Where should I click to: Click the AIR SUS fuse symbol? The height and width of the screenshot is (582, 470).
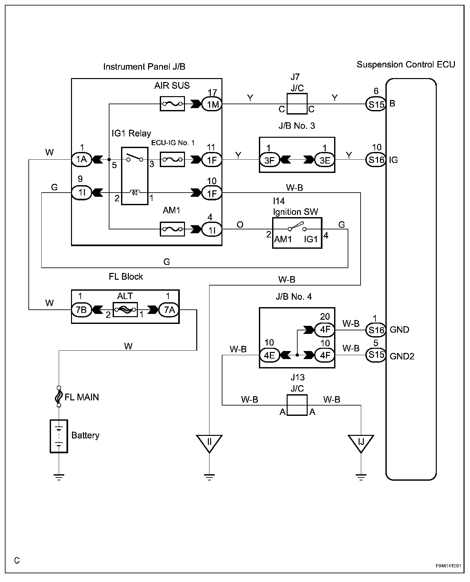coord(172,104)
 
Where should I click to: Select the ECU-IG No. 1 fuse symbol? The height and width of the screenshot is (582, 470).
coord(172,159)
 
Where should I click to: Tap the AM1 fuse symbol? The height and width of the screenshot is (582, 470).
coord(172,229)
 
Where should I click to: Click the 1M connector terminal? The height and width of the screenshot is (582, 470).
coord(212,104)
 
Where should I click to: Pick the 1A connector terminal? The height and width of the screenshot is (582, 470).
coord(81,159)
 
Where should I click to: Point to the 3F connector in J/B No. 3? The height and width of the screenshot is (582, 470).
coord(270,160)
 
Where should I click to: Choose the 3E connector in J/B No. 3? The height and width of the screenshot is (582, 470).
coord(325,160)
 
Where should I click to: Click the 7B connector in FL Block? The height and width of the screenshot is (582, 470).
coord(81,310)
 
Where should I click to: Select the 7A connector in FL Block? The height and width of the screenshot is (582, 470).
coord(169,310)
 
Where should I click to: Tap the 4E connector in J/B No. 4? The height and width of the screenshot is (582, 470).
coord(270,355)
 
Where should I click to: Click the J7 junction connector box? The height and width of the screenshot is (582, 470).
coord(297,104)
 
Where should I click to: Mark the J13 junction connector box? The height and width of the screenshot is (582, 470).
coord(297,405)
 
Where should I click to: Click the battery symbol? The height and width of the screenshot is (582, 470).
coord(59,436)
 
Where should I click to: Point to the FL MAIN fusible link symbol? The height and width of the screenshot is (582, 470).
coord(59,396)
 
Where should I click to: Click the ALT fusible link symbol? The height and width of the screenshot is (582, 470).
coord(125,310)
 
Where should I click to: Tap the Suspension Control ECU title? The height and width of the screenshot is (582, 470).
coord(406,65)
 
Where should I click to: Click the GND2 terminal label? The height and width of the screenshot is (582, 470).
coord(402,356)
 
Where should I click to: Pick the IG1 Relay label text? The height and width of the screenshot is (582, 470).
coord(131,133)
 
